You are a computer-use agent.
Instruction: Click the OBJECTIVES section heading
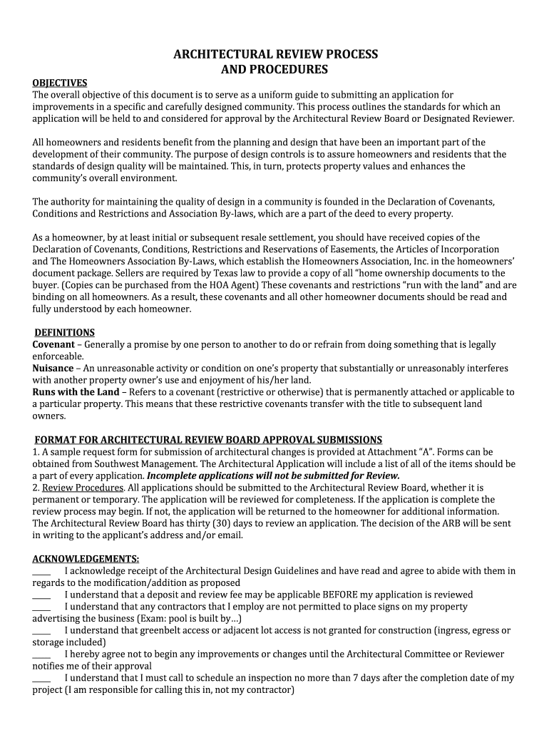(60, 83)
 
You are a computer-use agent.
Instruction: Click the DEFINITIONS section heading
(65, 332)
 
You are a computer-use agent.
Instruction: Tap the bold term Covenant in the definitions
(53, 344)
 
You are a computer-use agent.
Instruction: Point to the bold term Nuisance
(53, 368)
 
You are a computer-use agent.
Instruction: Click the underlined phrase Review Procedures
(83, 488)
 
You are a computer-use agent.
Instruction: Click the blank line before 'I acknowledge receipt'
(41, 571)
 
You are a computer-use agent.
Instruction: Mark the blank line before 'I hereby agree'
(41, 654)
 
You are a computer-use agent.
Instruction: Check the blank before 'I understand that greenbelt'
(41, 630)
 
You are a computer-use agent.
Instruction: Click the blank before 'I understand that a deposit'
(41, 595)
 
